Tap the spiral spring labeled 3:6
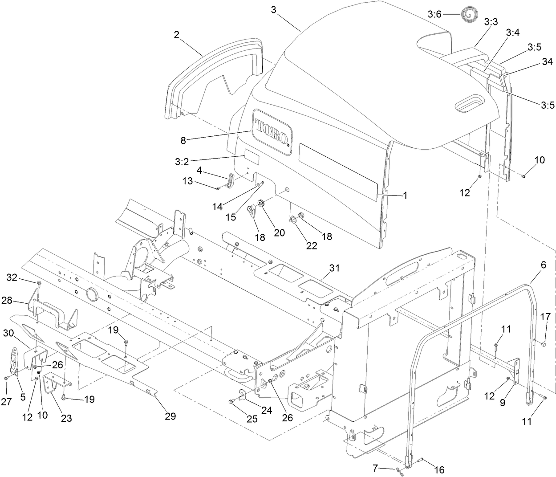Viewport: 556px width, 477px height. coord(467,15)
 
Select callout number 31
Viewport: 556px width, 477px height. coord(334,268)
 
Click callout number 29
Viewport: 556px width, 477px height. coord(170,416)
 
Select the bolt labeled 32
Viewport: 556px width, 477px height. coord(39,283)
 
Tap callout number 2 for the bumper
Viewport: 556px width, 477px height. coord(177,35)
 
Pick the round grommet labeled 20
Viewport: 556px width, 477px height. coord(261,204)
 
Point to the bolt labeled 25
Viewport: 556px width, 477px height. coord(230,402)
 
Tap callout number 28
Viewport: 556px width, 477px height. coord(19,302)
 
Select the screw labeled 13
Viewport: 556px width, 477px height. coord(218,188)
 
